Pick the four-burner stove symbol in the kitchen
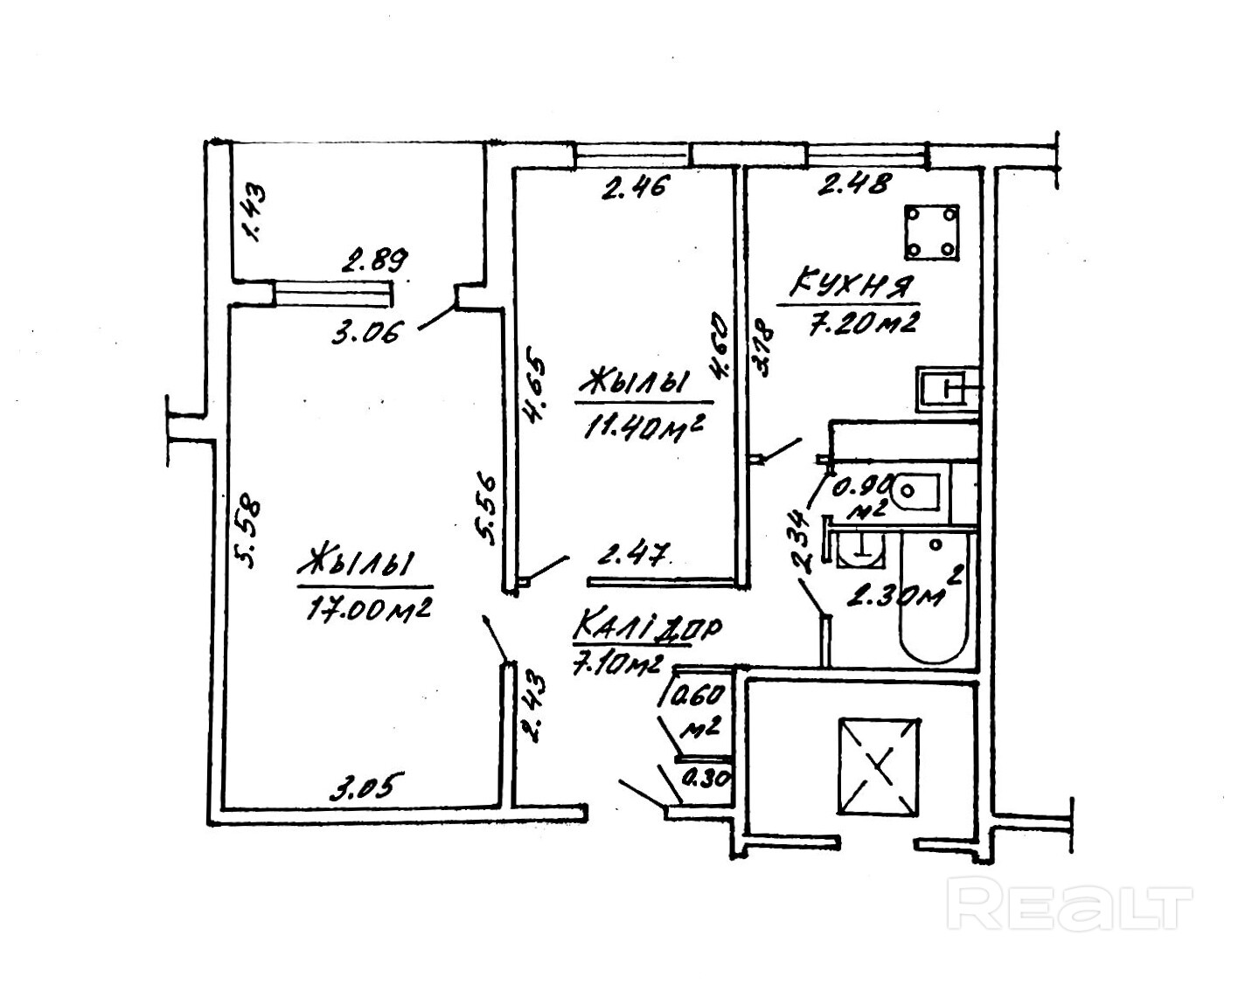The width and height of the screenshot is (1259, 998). click(932, 231)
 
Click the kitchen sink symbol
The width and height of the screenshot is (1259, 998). click(948, 389)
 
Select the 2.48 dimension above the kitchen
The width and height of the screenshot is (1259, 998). click(854, 184)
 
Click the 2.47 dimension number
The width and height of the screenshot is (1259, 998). click(633, 554)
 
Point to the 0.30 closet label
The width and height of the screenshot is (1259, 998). click(705, 776)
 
